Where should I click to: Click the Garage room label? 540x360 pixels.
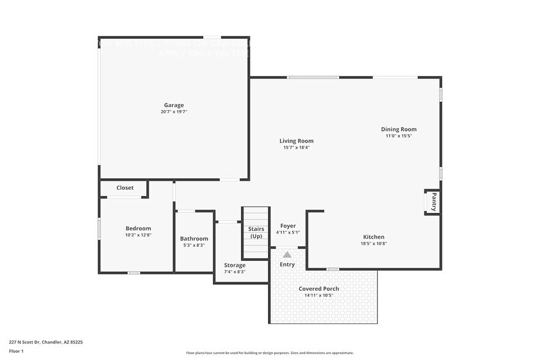click(x=173, y=105)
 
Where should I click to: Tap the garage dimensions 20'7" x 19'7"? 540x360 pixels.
click(x=173, y=112)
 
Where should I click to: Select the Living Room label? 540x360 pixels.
click(x=296, y=141)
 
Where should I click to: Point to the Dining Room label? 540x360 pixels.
click(x=399, y=129)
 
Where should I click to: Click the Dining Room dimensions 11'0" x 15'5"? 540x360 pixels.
click(x=399, y=136)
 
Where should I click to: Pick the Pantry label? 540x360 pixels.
click(x=433, y=202)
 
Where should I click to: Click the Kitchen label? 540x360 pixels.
click(x=373, y=237)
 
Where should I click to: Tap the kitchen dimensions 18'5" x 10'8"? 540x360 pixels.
click(x=373, y=244)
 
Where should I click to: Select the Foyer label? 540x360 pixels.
click(x=288, y=226)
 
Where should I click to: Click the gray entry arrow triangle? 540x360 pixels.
click(x=287, y=254)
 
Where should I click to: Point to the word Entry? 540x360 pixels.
click(x=287, y=264)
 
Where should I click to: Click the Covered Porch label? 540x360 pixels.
click(x=318, y=288)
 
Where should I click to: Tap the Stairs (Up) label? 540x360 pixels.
click(x=256, y=232)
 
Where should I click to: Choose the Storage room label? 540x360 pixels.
click(x=234, y=265)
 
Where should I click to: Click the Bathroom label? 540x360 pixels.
click(x=194, y=239)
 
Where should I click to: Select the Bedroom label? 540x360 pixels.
click(x=138, y=228)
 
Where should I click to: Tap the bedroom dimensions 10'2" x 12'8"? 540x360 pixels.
click(x=138, y=235)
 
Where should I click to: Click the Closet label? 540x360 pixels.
click(x=125, y=188)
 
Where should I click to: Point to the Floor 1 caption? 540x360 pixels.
click(x=16, y=351)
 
